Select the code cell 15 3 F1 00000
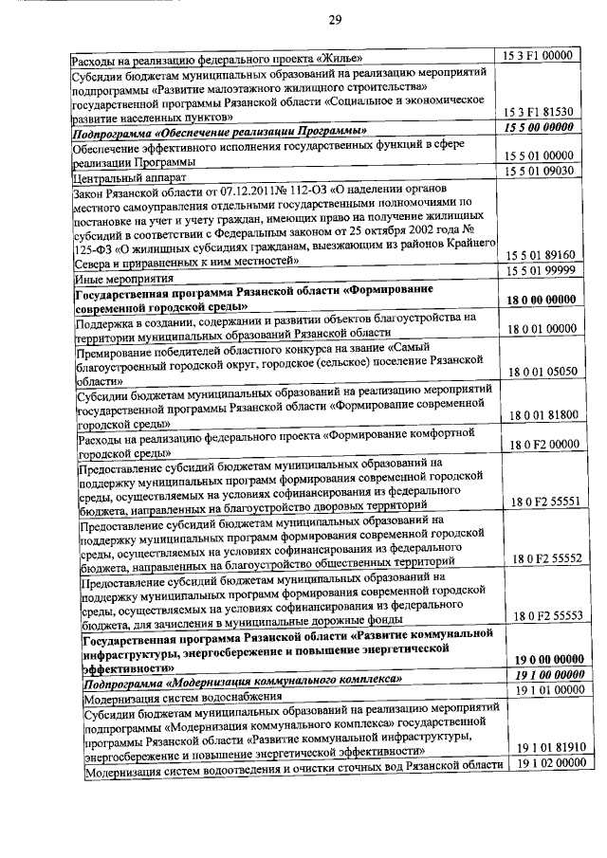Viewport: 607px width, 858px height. click(541, 56)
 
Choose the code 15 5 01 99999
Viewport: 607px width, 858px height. click(542, 272)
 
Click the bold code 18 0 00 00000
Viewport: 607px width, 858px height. click(543, 300)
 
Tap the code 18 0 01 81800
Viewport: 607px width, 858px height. click(544, 415)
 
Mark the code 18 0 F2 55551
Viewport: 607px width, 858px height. click(546, 502)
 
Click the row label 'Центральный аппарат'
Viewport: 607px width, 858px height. click(123, 176)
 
